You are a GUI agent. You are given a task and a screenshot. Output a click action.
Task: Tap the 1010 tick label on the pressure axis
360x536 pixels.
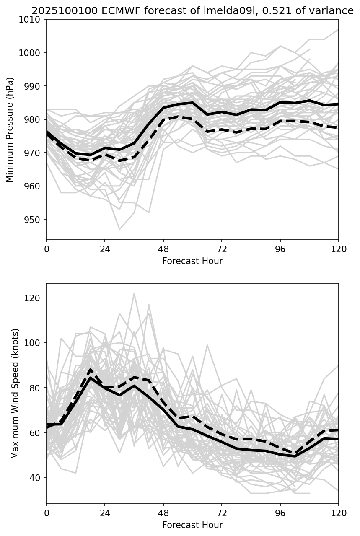point(32,20)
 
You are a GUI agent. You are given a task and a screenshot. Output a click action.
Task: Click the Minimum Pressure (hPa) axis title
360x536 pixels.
point(10,129)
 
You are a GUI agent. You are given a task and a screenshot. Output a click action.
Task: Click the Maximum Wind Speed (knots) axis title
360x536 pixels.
point(15,394)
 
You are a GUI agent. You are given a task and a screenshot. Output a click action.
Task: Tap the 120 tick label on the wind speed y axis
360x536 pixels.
point(34,298)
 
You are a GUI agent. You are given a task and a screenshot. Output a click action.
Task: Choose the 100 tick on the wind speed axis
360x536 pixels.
point(34,343)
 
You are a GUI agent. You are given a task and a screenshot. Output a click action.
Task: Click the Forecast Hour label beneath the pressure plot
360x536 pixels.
point(192,261)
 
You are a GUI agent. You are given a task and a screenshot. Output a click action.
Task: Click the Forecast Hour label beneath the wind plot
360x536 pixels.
point(192,525)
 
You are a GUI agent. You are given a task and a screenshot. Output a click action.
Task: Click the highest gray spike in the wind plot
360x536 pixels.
point(134,293)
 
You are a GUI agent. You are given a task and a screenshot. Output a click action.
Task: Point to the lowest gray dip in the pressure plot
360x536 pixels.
point(119,229)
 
